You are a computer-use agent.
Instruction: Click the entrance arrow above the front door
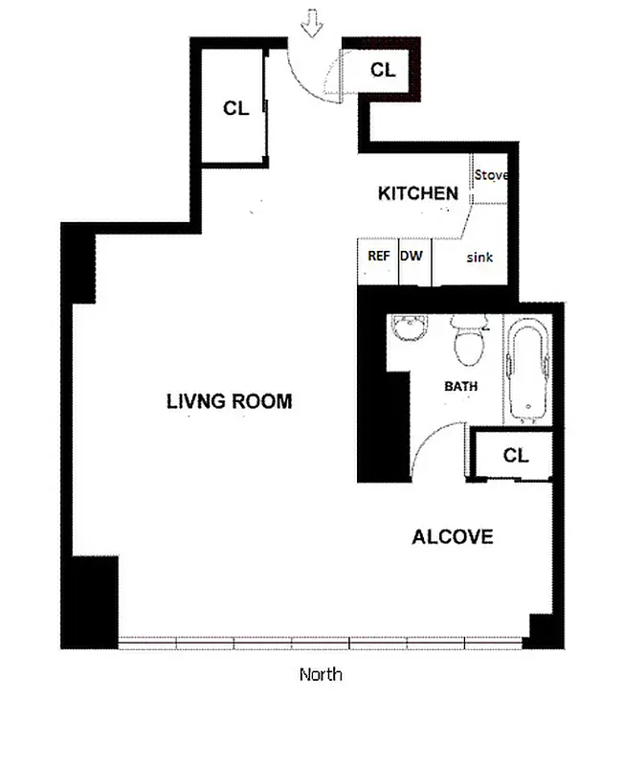[313, 21]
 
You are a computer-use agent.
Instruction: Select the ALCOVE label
[453, 537]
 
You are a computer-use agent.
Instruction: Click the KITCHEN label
[418, 193]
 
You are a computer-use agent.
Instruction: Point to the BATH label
[461, 387]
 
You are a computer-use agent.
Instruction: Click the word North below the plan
[320, 674]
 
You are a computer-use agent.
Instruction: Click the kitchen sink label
[479, 259]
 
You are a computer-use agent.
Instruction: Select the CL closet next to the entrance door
[383, 69]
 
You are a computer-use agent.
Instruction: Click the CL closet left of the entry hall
[235, 108]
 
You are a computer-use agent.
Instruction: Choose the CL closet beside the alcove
[515, 455]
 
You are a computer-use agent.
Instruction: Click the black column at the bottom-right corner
[542, 632]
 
